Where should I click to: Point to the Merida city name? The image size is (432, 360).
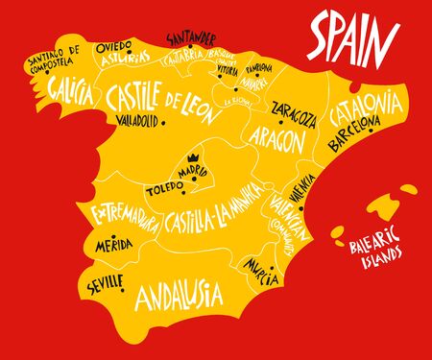click(x=115, y=247)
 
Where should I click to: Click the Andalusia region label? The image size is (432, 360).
click(x=179, y=292)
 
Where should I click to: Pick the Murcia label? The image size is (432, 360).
click(x=261, y=266)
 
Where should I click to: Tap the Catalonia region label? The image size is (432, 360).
click(x=361, y=113)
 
